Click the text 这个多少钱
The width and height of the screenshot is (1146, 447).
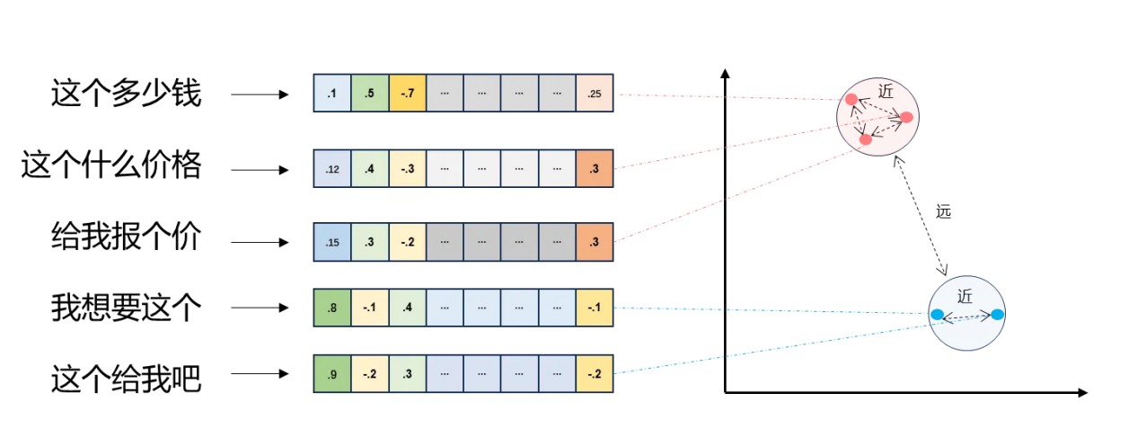(x=126, y=94)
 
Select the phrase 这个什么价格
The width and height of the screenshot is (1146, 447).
(x=111, y=167)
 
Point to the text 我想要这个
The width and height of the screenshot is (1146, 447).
(x=126, y=308)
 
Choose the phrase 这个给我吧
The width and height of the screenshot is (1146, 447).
(x=126, y=380)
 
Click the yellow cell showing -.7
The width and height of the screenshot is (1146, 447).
(x=407, y=94)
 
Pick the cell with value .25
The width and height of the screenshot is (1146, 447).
(x=595, y=94)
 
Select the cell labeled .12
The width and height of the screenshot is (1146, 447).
(x=332, y=168)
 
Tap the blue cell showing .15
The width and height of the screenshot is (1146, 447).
(x=332, y=242)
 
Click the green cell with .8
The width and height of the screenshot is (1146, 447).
(x=332, y=308)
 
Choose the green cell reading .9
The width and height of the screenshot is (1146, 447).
(x=332, y=373)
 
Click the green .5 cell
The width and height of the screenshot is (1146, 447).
(x=369, y=94)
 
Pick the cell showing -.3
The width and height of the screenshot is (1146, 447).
(x=407, y=168)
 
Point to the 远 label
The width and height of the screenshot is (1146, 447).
(x=943, y=212)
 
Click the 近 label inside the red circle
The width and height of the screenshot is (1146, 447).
(x=886, y=92)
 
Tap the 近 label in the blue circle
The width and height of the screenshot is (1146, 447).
(x=965, y=296)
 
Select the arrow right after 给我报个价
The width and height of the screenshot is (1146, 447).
(x=259, y=243)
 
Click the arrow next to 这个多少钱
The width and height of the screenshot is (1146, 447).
(x=259, y=94)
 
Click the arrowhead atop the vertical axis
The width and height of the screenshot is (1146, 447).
(x=725, y=72)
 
